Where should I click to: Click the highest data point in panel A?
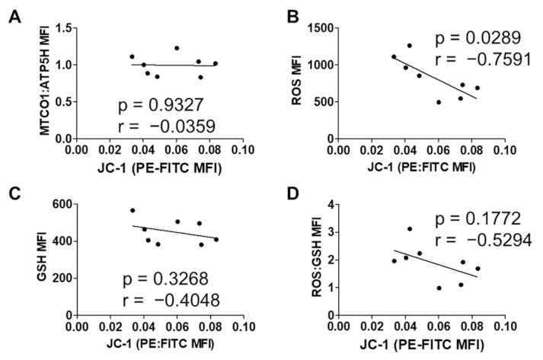tap(176, 48)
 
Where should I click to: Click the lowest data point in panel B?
tap(439, 102)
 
